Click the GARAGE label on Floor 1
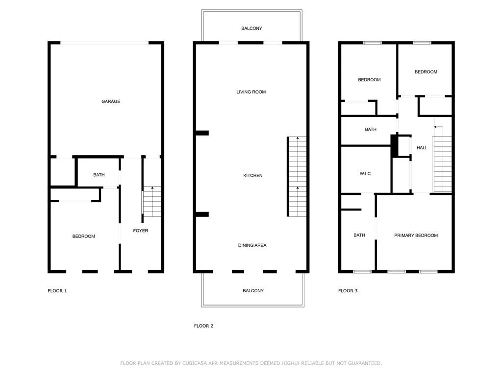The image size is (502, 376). pyautogui.click(x=111, y=101)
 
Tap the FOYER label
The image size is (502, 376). pyautogui.click(x=141, y=231)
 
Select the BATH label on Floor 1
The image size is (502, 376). pyautogui.click(x=99, y=175)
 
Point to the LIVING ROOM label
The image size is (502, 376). pyautogui.click(x=251, y=92)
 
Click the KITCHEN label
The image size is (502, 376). pyautogui.click(x=253, y=175)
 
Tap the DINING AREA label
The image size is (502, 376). pyautogui.click(x=252, y=245)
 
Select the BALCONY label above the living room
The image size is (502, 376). pyautogui.click(x=251, y=28)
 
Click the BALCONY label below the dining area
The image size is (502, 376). pyautogui.click(x=253, y=291)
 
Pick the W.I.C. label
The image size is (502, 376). pyautogui.click(x=366, y=173)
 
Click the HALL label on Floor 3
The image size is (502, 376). pyautogui.click(x=422, y=147)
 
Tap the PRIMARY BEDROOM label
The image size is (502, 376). pyautogui.click(x=416, y=235)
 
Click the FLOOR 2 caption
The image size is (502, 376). pyautogui.click(x=203, y=326)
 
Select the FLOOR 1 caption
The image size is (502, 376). pyautogui.click(x=57, y=291)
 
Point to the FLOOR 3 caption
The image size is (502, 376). pyautogui.click(x=348, y=291)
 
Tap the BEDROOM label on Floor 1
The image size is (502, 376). pyautogui.click(x=83, y=236)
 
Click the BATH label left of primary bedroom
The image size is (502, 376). pyautogui.click(x=359, y=235)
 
